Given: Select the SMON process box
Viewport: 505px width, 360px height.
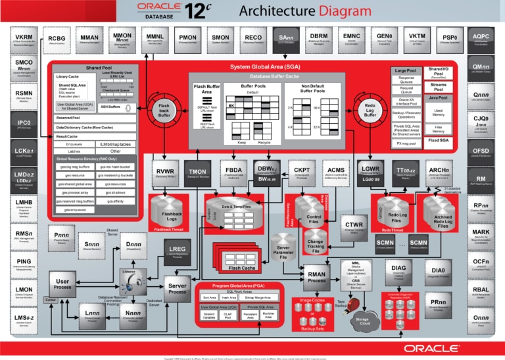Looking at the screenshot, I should click(221, 39).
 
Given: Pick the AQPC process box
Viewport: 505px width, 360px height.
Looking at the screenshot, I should click(481, 39).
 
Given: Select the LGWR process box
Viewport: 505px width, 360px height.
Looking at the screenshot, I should click(371, 173).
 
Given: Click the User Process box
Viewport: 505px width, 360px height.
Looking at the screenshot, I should click(63, 286).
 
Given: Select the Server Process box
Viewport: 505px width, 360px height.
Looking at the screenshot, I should click(178, 288).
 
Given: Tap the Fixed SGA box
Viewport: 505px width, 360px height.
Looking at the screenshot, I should click(438, 141).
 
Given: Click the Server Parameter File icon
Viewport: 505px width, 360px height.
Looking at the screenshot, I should click(283, 251).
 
